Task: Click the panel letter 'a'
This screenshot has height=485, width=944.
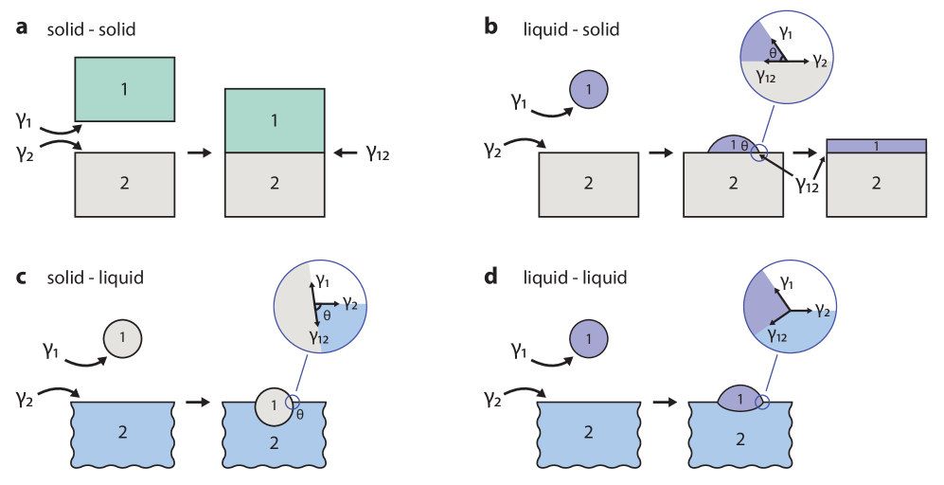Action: [22, 28]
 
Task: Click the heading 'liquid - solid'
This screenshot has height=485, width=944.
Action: [571, 29]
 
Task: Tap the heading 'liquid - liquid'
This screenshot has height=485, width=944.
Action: [575, 278]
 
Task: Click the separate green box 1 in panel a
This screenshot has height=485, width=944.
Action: [124, 89]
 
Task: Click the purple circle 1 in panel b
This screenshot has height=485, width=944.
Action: [589, 91]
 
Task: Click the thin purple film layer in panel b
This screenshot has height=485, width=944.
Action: [876, 146]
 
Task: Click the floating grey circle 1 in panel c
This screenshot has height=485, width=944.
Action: [124, 337]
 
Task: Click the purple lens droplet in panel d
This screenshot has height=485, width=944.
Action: [740, 400]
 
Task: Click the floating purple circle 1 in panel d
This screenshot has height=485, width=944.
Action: [589, 338]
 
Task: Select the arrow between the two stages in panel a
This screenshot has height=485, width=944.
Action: [200, 152]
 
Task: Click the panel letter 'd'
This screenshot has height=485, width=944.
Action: [490, 278]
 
